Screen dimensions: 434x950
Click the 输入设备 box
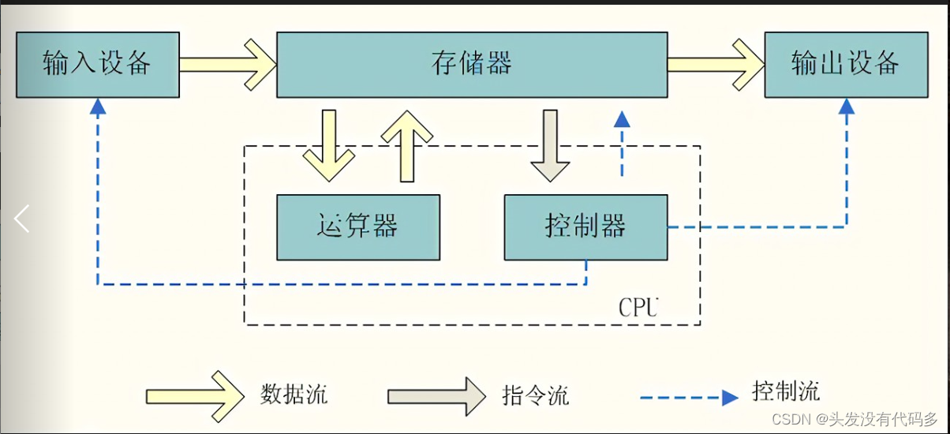tap(98, 65)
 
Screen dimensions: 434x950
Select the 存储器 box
tap(472, 65)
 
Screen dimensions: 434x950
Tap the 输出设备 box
tap(845, 65)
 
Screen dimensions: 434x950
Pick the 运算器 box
tap(357, 227)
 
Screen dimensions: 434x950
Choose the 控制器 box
tap(585, 227)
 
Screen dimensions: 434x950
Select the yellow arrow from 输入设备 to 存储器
tap(227, 65)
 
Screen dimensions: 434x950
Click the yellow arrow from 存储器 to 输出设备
tap(716, 65)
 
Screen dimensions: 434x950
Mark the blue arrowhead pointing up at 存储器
tap(622, 119)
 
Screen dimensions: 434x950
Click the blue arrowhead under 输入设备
tap(97, 107)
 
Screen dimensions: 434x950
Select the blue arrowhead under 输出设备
tap(846, 107)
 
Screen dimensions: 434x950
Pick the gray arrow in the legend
tap(436, 395)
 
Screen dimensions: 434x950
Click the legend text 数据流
tap(294, 394)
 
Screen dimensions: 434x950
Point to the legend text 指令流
tap(535, 395)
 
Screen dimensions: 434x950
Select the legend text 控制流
tap(786, 391)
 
